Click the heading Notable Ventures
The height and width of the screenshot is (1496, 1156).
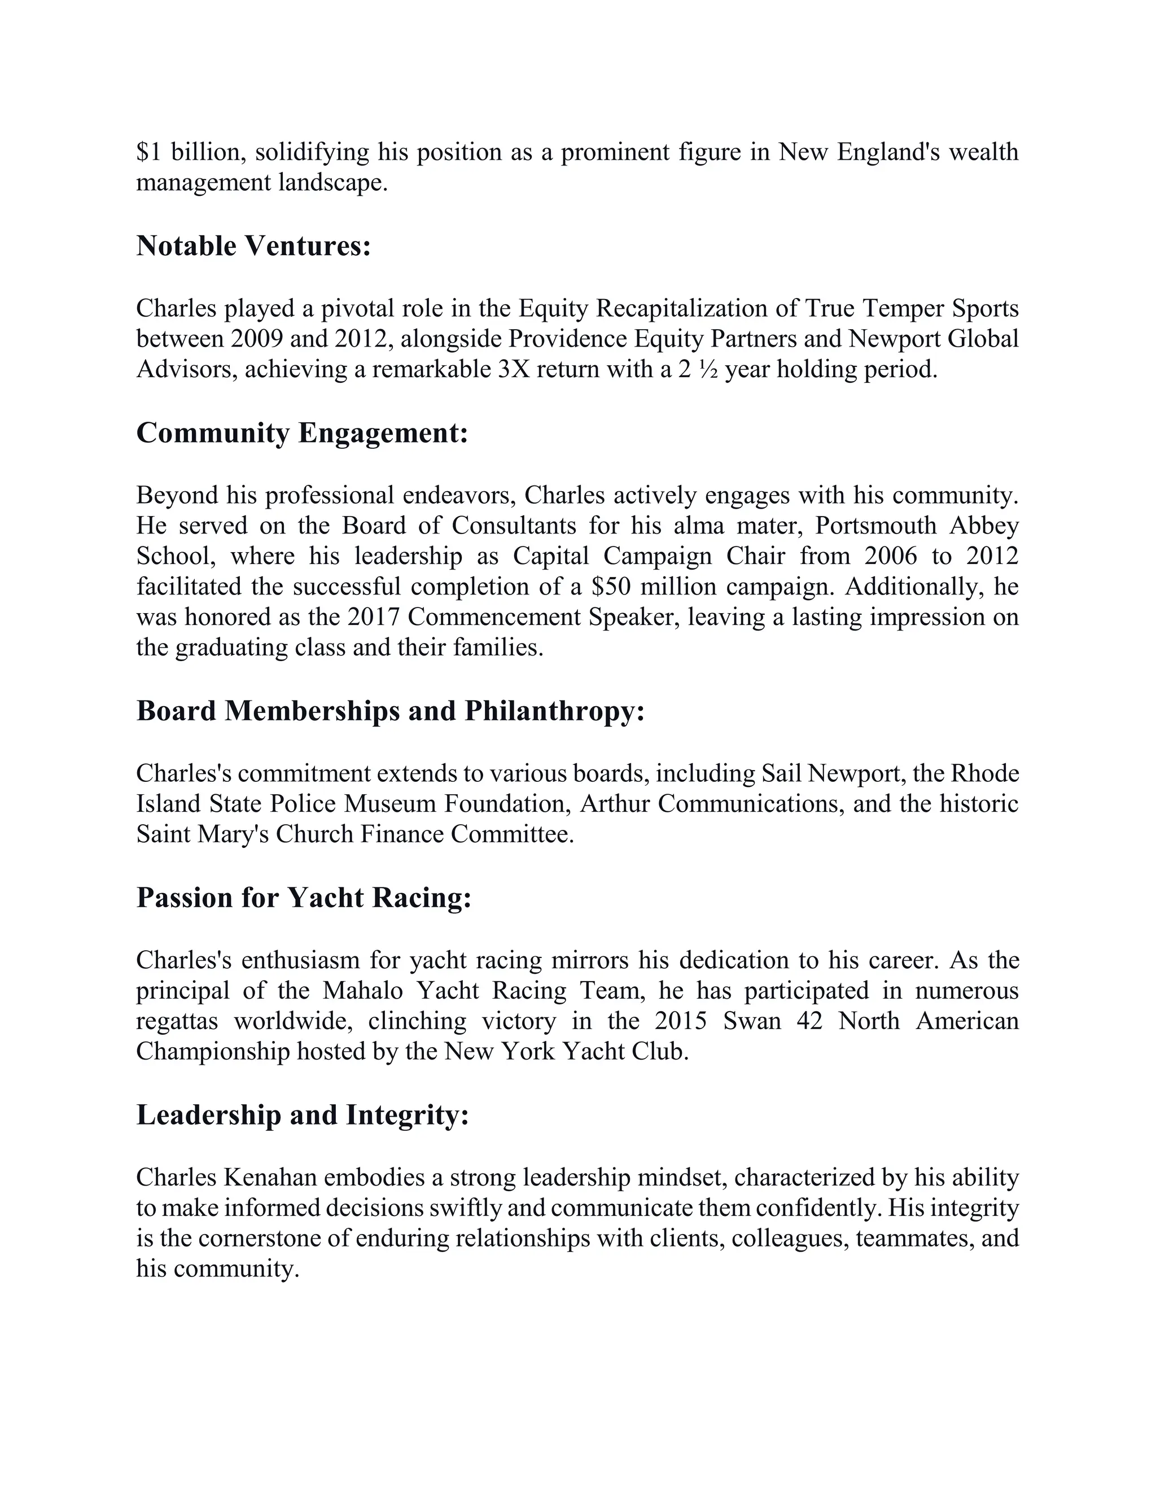tap(253, 246)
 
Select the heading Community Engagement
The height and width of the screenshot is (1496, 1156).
tap(302, 433)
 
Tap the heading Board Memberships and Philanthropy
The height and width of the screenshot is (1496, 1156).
tap(391, 711)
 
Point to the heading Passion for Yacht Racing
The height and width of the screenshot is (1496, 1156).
tap(304, 898)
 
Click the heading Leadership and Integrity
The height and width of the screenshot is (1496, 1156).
tap(302, 1114)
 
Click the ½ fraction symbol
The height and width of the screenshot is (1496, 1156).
tap(708, 370)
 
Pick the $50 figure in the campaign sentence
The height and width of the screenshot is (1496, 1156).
tap(611, 587)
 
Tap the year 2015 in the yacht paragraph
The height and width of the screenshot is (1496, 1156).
tap(680, 1021)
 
